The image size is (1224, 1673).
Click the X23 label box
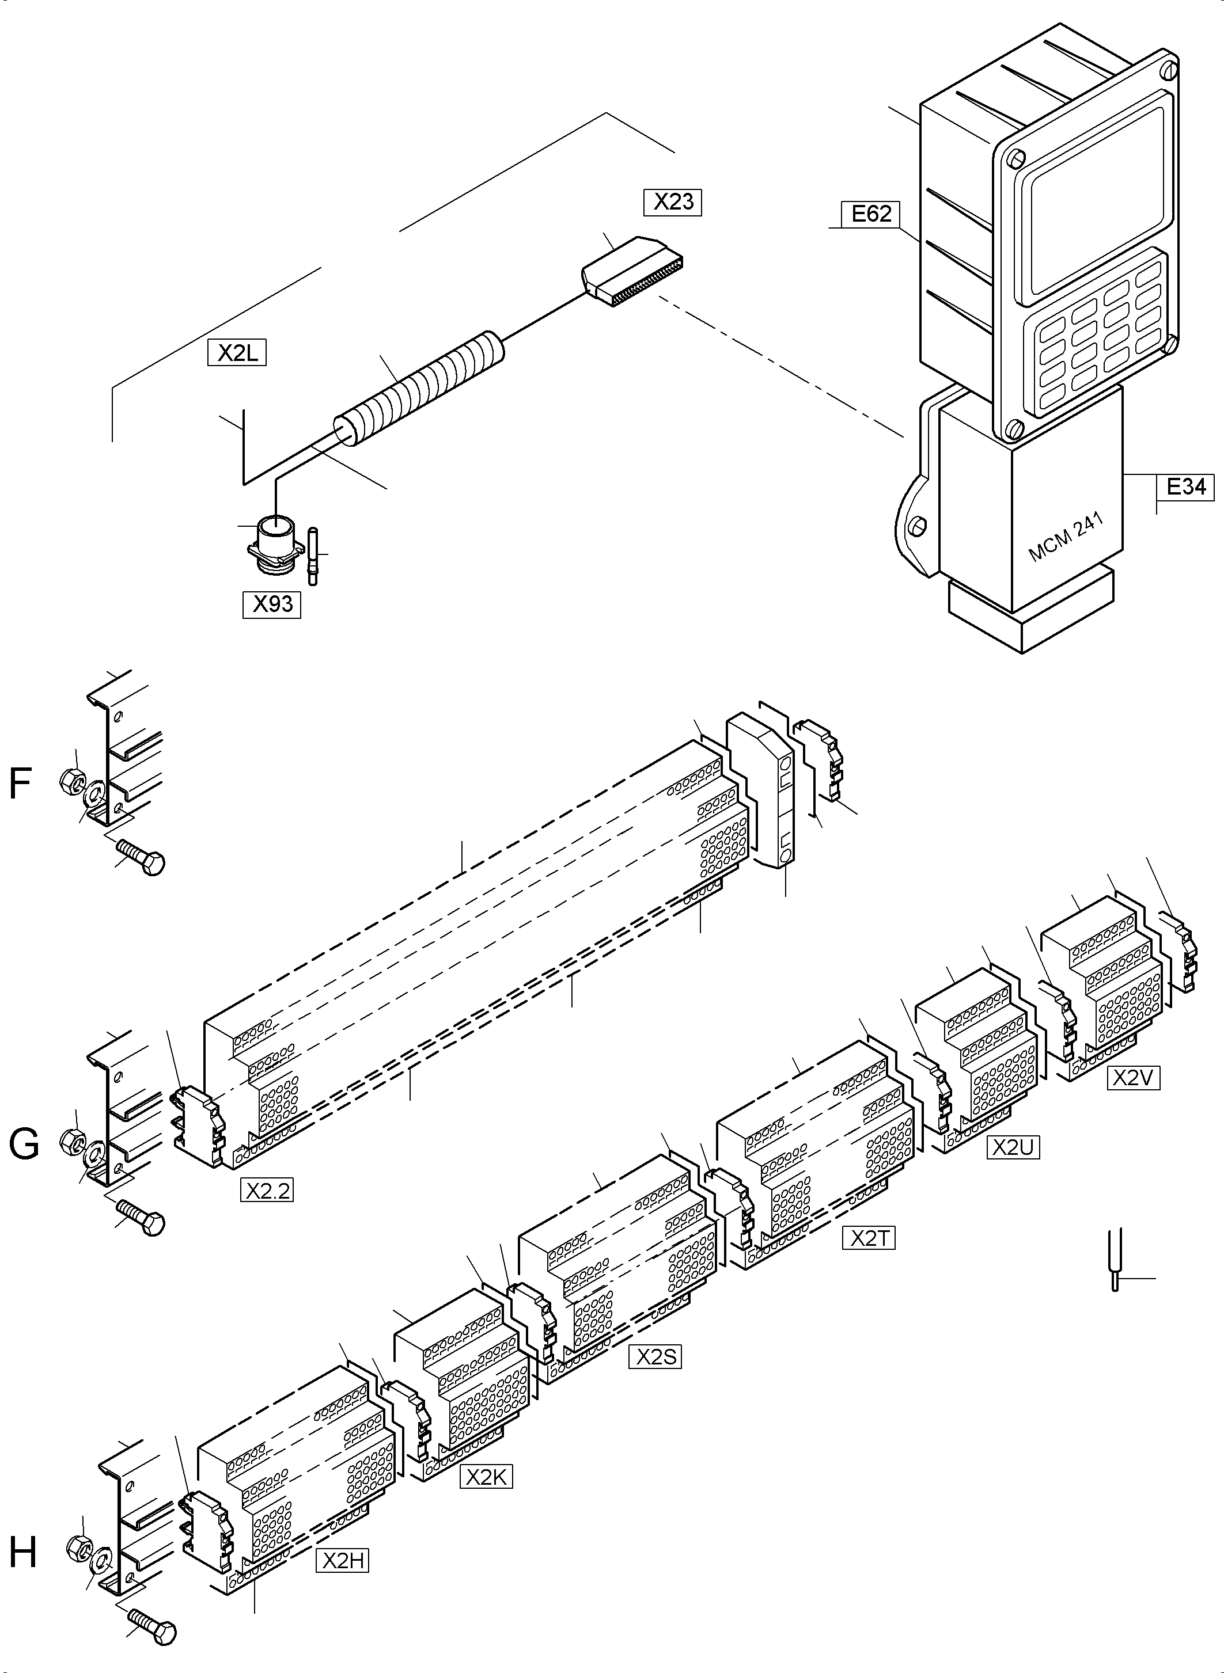point(673,202)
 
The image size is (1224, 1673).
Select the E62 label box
point(870,214)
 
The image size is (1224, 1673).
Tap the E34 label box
point(1185,486)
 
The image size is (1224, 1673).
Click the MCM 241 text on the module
point(1066,538)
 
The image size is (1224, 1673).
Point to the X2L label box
point(237,353)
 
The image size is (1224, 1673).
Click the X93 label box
point(272,605)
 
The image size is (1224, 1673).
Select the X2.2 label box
point(267,1191)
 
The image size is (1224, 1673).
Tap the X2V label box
point(1134,1078)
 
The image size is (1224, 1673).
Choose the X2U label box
point(1013,1147)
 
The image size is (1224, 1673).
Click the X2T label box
point(869,1238)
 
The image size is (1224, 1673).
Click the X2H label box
point(342,1561)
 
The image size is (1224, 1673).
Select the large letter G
point(24,1145)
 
